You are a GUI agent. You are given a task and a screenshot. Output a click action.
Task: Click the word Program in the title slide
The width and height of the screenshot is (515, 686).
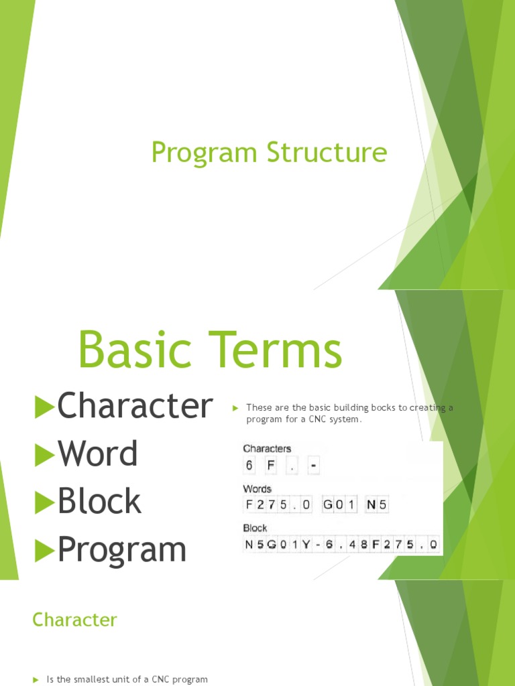tap(204, 153)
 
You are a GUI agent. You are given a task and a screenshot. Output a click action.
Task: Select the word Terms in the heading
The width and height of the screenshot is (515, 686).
tap(275, 350)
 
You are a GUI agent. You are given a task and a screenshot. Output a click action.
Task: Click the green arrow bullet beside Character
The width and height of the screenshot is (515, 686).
tap(44, 407)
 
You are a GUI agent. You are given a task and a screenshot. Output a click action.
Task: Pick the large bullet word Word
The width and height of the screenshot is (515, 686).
tap(98, 454)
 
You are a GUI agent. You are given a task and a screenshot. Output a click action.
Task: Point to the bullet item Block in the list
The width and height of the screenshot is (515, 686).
tap(99, 500)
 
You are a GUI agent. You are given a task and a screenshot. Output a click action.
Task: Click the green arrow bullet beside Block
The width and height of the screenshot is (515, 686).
tap(44, 502)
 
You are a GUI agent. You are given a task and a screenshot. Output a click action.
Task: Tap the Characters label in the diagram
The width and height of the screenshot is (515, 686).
tap(267, 448)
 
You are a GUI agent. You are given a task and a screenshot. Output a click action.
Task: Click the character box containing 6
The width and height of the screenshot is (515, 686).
tap(249, 465)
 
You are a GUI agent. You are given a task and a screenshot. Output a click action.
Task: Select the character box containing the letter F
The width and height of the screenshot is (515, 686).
tap(271, 465)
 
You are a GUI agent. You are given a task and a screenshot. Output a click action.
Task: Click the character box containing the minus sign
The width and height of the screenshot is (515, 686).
tap(313, 465)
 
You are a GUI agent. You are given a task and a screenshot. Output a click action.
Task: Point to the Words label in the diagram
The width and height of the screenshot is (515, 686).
tap(257, 488)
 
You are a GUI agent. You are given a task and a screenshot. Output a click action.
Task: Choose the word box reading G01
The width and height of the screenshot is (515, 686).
tap(339, 504)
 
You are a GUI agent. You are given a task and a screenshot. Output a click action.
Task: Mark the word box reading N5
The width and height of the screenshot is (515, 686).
tap(377, 504)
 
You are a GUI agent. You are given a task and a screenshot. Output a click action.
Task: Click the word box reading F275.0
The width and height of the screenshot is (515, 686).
tap(278, 504)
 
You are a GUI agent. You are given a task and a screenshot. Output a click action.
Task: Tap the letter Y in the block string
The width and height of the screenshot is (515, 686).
tap(306, 545)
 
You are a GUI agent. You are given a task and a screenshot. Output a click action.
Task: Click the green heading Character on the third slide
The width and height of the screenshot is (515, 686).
tap(74, 620)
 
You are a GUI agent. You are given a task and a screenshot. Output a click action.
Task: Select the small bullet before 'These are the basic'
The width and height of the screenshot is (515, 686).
tap(235, 408)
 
